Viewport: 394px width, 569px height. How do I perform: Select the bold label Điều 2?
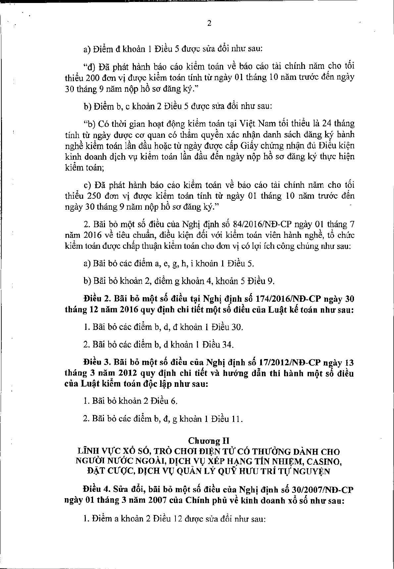pos(97,299)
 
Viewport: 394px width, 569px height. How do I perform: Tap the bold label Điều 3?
pos(97,362)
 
